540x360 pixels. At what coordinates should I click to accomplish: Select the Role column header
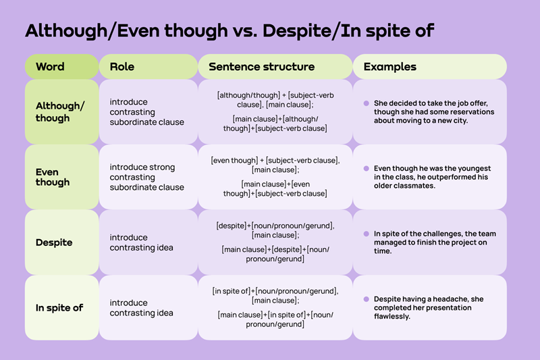click(122, 67)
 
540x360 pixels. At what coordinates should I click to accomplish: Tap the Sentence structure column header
click(261, 67)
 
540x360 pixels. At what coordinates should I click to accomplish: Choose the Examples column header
click(389, 67)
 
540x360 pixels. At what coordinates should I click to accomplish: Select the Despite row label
click(54, 242)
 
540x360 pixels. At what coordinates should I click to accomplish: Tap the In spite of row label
click(59, 308)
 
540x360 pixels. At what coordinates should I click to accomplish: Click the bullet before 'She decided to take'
click(366, 103)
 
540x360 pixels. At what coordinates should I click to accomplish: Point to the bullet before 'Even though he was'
click(366, 168)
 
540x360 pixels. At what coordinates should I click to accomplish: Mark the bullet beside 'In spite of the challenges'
click(366, 234)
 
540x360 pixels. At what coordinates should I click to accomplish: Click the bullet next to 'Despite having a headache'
click(366, 299)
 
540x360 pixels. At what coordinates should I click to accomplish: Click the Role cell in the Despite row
click(142, 242)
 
